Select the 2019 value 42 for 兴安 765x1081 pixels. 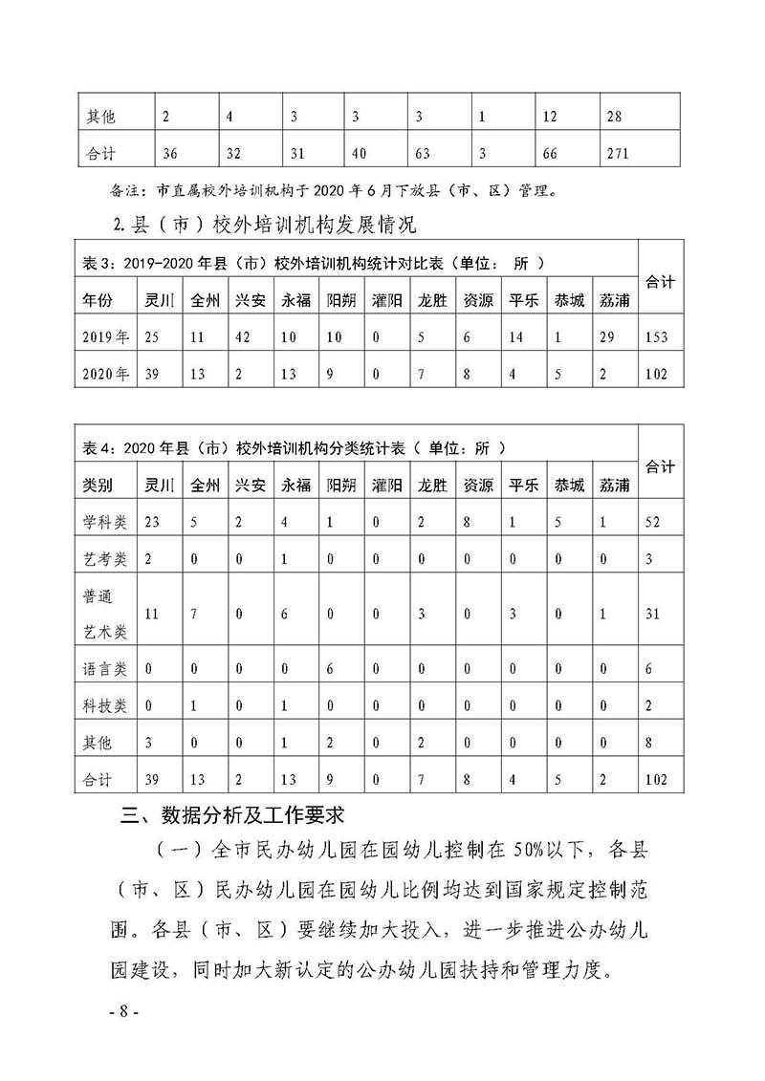coord(244,336)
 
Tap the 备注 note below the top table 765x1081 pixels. coord(330,190)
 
